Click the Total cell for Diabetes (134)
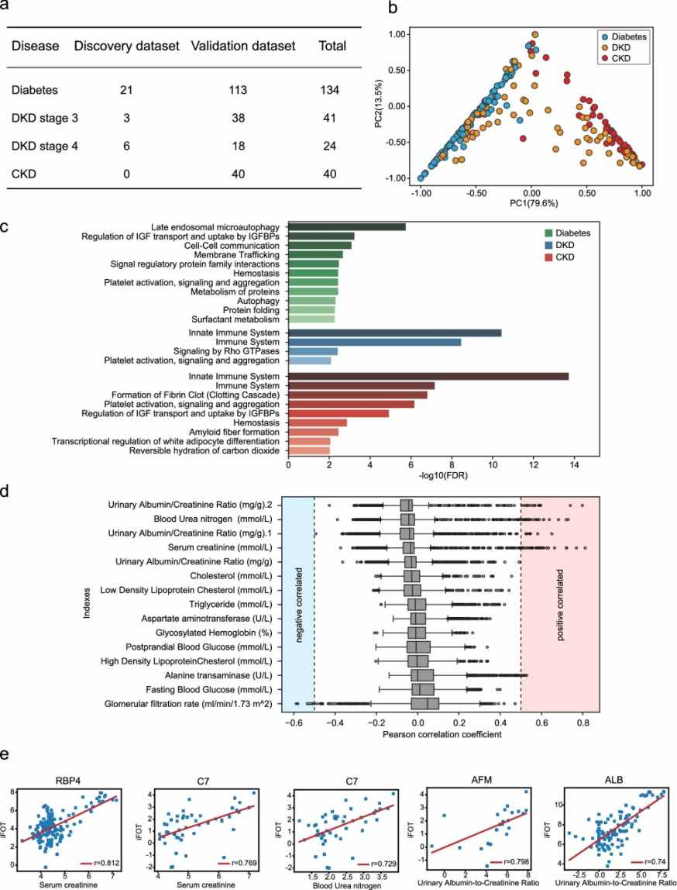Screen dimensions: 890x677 click(332, 91)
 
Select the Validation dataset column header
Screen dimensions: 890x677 click(242, 47)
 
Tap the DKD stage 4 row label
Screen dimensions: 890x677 click(45, 145)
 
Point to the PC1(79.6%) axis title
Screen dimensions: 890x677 click(531, 203)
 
